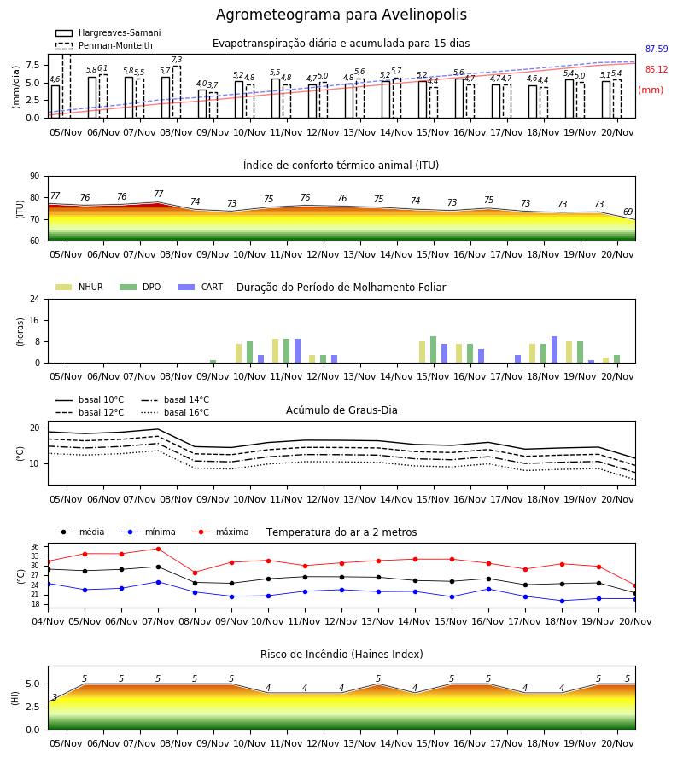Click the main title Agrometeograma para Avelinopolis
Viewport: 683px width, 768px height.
pyautogui.click(x=341, y=15)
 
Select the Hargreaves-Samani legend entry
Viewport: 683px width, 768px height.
pyautogui.click(x=108, y=32)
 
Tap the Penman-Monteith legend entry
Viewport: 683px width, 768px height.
pyautogui.click(x=104, y=45)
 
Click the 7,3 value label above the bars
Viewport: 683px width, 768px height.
pyautogui.click(x=177, y=60)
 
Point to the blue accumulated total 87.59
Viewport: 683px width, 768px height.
pyautogui.click(x=657, y=49)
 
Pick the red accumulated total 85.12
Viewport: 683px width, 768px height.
pyautogui.click(x=657, y=70)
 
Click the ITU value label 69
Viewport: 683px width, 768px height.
pyautogui.click(x=628, y=212)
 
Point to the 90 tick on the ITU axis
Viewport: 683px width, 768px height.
pyautogui.click(x=35, y=177)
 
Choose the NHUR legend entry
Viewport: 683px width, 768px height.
pyautogui.click(x=79, y=287)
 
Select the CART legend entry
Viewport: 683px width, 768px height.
pyautogui.click(x=201, y=287)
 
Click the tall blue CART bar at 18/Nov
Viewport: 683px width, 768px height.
pyautogui.click(x=555, y=350)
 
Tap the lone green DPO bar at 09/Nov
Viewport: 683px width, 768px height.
pyautogui.click(x=213, y=362)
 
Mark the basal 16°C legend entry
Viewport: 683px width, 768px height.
pyautogui.click(x=175, y=412)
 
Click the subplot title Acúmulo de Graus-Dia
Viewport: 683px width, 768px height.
pyautogui.click(x=341, y=410)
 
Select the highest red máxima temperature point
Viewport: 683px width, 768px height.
pyautogui.click(x=158, y=549)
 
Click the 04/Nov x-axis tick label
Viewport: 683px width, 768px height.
pyautogui.click(x=48, y=621)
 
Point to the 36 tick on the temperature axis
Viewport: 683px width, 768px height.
pyautogui.click(x=35, y=547)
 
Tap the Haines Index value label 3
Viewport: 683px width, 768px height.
pyautogui.click(x=55, y=697)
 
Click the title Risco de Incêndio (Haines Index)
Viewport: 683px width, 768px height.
pyautogui.click(x=341, y=655)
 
